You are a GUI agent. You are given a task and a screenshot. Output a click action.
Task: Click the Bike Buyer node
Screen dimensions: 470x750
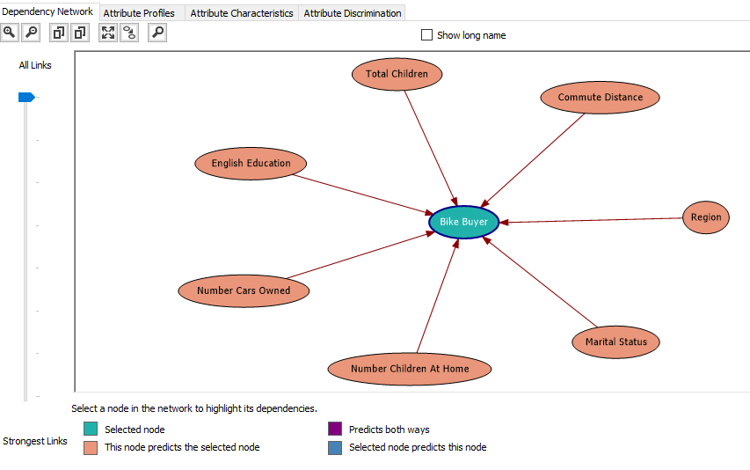(x=463, y=222)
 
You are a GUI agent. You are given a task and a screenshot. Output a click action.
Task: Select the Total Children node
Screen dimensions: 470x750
(x=397, y=74)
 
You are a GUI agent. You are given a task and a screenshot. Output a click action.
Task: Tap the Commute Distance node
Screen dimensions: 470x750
(x=600, y=98)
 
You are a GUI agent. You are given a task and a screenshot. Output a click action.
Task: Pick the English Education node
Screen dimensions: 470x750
(x=251, y=164)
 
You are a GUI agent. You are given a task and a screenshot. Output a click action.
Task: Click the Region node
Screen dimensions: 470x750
(x=705, y=217)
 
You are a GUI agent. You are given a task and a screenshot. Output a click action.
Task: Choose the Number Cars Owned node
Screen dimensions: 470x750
(x=244, y=290)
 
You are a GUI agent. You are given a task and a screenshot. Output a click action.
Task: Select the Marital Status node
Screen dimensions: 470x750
(x=615, y=341)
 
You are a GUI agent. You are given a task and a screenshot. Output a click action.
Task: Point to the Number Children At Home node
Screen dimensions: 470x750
(x=410, y=369)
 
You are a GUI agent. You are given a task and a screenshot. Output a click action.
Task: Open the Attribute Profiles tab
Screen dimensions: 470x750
(x=139, y=13)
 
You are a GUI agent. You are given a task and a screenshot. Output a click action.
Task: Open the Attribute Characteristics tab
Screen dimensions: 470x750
(x=242, y=13)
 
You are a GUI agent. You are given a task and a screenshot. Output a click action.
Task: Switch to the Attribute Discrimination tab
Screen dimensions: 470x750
(x=353, y=13)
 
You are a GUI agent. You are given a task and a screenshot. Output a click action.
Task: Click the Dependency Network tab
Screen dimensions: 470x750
(x=47, y=11)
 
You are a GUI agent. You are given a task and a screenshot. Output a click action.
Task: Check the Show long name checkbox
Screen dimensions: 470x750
(x=427, y=35)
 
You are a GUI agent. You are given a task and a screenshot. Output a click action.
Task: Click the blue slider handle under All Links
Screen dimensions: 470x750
(x=26, y=97)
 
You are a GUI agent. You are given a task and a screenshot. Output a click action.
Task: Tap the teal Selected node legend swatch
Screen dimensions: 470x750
(x=91, y=430)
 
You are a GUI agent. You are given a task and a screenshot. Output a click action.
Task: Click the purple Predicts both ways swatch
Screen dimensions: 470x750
(x=335, y=430)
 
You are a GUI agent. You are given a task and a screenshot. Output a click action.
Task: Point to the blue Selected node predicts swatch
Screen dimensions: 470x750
(x=335, y=447)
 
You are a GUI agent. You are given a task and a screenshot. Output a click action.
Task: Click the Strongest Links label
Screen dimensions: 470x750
(x=35, y=441)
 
